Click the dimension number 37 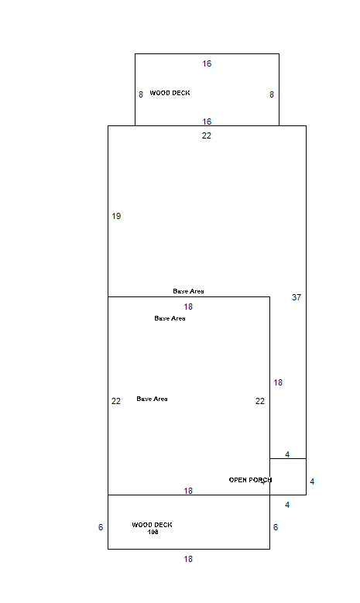[297, 297]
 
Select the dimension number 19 [116, 216]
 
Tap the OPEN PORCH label [250, 480]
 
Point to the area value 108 [153, 532]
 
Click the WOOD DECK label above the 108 [152, 525]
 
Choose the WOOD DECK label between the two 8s [170, 93]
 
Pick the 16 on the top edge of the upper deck [207, 63]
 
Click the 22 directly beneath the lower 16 [207, 135]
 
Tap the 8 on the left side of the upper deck [141, 94]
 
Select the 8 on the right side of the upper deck [272, 94]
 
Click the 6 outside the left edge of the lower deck [101, 527]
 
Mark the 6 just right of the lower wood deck [276, 527]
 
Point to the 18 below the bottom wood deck [188, 559]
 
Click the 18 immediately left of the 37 [278, 382]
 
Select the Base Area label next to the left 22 [152, 399]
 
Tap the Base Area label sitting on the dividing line [188, 291]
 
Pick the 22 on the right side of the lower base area [260, 401]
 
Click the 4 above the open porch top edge [287, 454]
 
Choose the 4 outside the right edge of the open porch [312, 481]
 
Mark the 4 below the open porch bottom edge [287, 505]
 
